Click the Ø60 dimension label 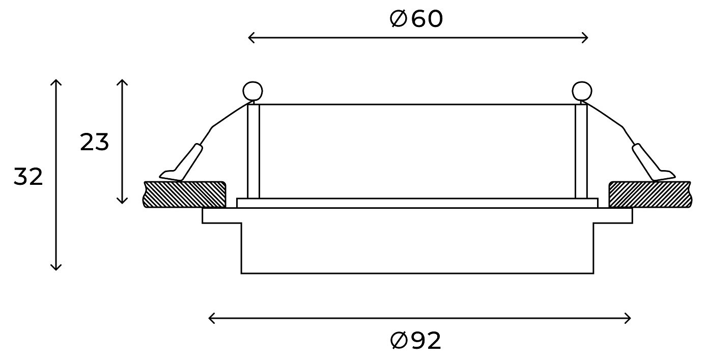click(416, 19)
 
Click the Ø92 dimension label click(416, 341)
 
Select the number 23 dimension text click(95, 143)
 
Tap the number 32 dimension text click(28, 177)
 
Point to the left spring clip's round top click(253, 91)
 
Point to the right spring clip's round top click(582, 91)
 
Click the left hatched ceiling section click(185, 194)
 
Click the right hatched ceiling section click(649, 194)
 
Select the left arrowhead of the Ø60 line click(250, 37)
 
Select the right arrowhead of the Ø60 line click(586, 37)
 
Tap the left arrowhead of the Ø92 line click(211, 319)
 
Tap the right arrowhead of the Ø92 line click(629, 319)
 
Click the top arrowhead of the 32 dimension click(56, 82)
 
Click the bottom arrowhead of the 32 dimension click(56, 268)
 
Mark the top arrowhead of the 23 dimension click(122, 82)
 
